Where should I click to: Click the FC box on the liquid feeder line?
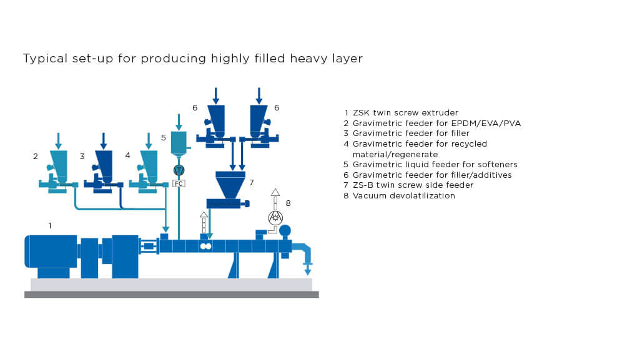(179, 183)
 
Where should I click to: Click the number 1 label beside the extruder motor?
(50, 225)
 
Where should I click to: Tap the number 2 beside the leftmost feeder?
(36, 157)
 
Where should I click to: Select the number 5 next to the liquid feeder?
(164, 137)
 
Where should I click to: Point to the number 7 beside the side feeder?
(251, 183)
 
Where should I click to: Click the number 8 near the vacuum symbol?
(288, 203)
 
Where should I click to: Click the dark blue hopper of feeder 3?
(104, 163)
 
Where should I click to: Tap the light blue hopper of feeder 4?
(149, 163)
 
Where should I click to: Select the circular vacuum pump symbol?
(275, 217)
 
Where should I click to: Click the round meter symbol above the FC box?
(179, 170)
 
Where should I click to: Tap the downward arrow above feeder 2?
(59, 140)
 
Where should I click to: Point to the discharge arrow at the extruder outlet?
(307, 269)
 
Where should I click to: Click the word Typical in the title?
(42, 59)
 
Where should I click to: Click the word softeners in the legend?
(498, 165)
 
